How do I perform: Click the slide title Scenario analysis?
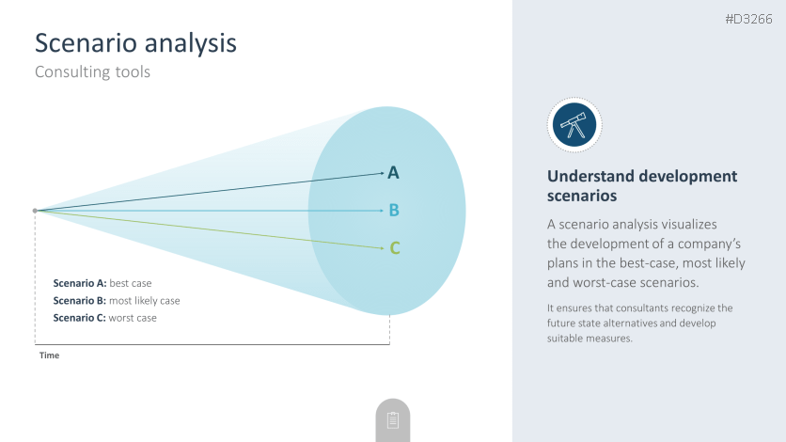pos(135,43)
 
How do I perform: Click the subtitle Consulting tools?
pos(92,72)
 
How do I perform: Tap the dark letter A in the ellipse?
pos(394,173)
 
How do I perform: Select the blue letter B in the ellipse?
pos(394,210)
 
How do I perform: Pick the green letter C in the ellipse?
pos(395,248)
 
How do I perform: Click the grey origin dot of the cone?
pos(35,211)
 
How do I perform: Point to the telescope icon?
pos(574,125)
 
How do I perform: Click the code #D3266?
pos(748,19)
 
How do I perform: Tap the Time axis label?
pos(49,355)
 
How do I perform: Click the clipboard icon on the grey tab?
pos(393,420)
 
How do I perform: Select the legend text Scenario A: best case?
pos(102,283)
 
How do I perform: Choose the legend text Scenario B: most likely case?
pos(117,301)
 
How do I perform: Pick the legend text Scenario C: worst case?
pos(104,318)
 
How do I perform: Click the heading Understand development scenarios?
pos(642,185)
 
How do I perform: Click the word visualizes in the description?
pos(689,224)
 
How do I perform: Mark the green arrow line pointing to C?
pos(210,229)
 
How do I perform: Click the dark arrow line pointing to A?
pos(210,192)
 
